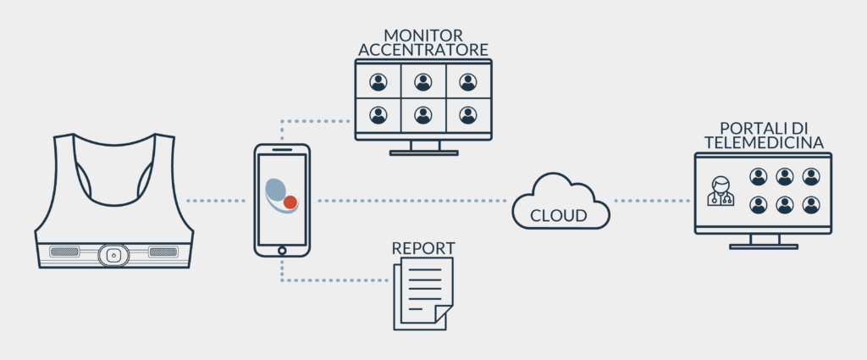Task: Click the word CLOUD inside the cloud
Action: [558, 216]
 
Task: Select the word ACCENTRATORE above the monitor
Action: [423, 50]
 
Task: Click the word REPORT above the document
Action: [423, 248]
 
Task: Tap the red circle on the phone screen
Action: [290, 202]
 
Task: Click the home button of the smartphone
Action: [282, 249]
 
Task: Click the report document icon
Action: [422, 292]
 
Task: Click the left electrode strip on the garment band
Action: [65, 252]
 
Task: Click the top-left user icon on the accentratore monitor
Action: [378, 82]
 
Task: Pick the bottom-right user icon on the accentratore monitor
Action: [468, 114]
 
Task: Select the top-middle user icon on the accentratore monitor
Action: [423, 82]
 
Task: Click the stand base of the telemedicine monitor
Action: [763, 246]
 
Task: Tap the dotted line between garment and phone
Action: [216, 201]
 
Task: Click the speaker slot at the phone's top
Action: [282, 149]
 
